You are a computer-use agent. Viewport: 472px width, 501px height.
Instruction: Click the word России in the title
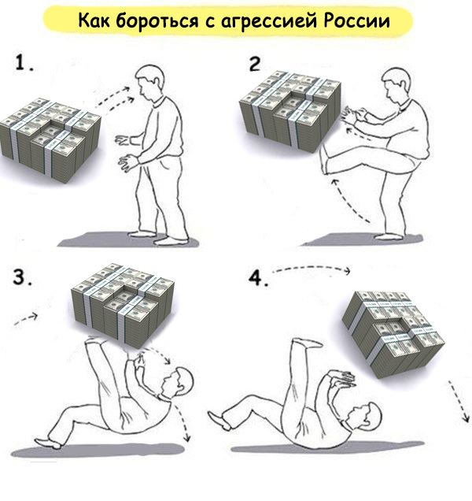tap(356, 21)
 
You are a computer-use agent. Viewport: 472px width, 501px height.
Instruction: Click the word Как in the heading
tap(94, 20)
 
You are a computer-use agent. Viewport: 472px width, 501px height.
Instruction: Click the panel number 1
tap(24, 62)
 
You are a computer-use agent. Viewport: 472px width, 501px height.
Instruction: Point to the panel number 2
tap(255, 64)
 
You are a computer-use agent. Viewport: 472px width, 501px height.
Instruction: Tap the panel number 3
tap(22, 277)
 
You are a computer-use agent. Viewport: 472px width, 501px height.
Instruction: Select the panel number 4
tap(258, 279)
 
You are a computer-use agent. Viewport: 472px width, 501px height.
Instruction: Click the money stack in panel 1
tap(50, 140)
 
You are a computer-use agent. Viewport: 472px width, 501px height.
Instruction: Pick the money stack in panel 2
tap(289, 110)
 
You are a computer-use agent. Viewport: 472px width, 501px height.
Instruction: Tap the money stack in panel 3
tap(123, 305)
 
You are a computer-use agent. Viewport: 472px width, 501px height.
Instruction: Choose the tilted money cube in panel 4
tap(393, 334)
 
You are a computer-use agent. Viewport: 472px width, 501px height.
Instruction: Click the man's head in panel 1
tap(149, 82)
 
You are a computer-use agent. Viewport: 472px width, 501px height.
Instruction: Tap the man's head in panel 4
tap(366, 416)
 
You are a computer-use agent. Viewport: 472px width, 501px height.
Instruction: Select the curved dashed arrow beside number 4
tap(312, 269)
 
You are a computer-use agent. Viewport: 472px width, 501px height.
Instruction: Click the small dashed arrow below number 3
tap(26, 318)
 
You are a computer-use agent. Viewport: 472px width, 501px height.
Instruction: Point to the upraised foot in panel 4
tap(307, 343)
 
